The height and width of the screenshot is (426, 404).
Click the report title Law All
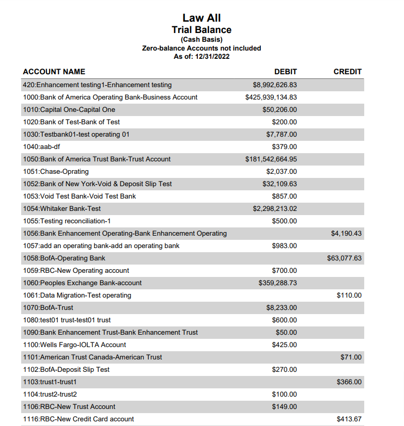[x=201, y=18]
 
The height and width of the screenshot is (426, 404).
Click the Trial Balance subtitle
[x=201, y=30]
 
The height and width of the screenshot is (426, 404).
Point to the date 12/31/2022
[x=212, y=56]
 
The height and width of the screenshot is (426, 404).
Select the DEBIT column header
[x=285, y=72]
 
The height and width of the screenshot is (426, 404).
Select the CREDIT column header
[x=347, y=72]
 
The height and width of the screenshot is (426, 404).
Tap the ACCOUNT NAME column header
[x=54, y=72]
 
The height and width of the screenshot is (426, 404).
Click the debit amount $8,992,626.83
[x=274, y=85]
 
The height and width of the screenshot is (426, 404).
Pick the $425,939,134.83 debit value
[x=271, y=97]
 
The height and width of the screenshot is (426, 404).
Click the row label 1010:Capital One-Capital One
[x=69, y=110]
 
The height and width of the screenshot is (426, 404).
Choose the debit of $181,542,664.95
[x=271, y=159]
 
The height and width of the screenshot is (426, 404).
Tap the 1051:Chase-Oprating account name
[x=56, y=172]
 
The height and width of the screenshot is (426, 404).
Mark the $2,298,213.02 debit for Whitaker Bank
[x=274, y=209]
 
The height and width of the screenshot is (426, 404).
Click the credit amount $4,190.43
[x=346, y=234]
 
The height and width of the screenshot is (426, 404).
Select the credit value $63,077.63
[x=344, y=258]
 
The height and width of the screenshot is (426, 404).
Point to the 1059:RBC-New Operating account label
[x=76, y=271]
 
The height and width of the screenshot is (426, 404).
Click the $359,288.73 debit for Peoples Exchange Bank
[x=277, y=283]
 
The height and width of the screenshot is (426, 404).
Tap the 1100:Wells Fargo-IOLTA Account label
[x=75, y=345]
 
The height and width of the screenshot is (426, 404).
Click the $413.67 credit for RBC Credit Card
[x=349, y=419]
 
